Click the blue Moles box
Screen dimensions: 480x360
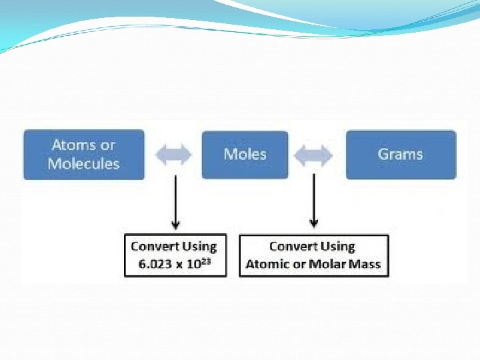245,155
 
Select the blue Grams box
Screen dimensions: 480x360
401,155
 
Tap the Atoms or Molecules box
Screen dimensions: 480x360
84,155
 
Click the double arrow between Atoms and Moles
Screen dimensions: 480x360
174,155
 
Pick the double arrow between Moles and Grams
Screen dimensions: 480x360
314,155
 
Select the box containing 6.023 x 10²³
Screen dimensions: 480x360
175,255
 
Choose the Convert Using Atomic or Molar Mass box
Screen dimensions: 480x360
313,255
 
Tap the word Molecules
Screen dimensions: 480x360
84,163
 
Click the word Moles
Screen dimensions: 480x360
245,155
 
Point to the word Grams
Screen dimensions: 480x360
401,155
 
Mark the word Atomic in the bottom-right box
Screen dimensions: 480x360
267,264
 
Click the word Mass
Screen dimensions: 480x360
365,264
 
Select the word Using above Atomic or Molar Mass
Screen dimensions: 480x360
339,246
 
